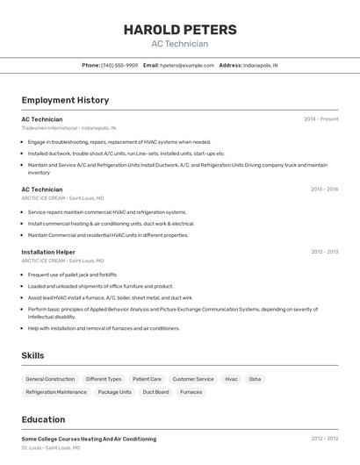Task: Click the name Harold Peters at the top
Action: (x=179, y=29)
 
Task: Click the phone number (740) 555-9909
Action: (x=119, y=65)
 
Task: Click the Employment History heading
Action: (x=65, y=100)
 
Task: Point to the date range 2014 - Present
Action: (x=320, y=119)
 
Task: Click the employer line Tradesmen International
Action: (x=68, y=128)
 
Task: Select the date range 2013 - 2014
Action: (x=324, y=190)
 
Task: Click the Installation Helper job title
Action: (x=48, y=252)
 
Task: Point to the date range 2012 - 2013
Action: (x=324, y=252)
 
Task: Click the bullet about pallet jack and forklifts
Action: (x=72, y=275)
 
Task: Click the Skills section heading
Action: (x=33, y=354)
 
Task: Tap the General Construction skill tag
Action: (x=50, y=379)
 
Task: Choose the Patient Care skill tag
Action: (x=147, y=379)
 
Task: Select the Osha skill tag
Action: (x=255, y=379)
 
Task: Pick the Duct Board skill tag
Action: (x=155, y=392)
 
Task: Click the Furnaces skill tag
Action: (x=191, y=392)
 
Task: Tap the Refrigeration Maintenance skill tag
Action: (x=56, y=392)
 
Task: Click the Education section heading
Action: (x=43, y=419)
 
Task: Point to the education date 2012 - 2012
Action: (x=324, y=439)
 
